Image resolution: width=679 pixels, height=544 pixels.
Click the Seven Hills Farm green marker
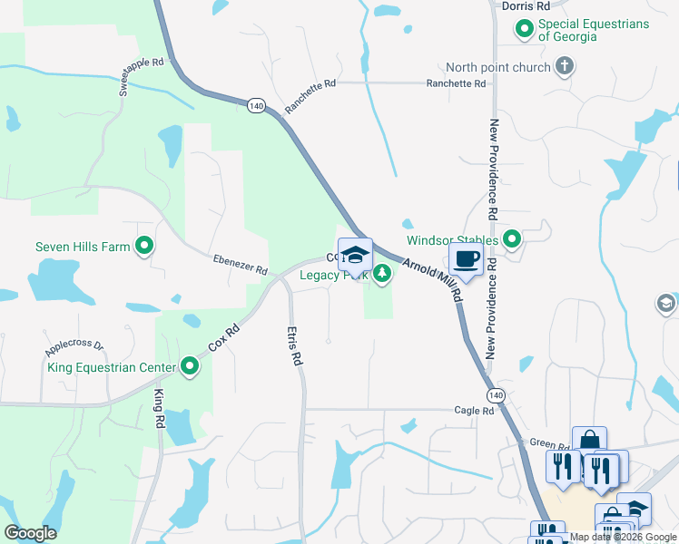(x=143, y=246)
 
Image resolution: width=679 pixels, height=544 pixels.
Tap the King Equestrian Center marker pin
(x=190, y=366)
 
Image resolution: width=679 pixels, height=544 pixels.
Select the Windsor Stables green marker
(x=512, y=239)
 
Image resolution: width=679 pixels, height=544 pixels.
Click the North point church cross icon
(x=564, y=66)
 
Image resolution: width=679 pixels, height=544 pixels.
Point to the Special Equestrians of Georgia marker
(x=525, y=30)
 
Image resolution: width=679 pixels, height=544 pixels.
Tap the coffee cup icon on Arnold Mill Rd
(x=467, y=258)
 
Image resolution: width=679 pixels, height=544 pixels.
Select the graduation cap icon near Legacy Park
(x=355, y=254)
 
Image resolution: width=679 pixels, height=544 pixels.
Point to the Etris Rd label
(x=294, y=345)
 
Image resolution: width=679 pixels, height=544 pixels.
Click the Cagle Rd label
(x=475, y=410)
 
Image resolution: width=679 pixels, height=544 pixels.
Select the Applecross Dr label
(x=74, y=346)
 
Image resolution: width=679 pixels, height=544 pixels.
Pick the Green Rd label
(x=549, y=445)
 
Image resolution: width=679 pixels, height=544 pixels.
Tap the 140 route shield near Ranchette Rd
(x=255, y=106)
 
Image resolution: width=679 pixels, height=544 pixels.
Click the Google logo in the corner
(x=30, y=532)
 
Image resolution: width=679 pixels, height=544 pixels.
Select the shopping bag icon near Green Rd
(x=589, y=442)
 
